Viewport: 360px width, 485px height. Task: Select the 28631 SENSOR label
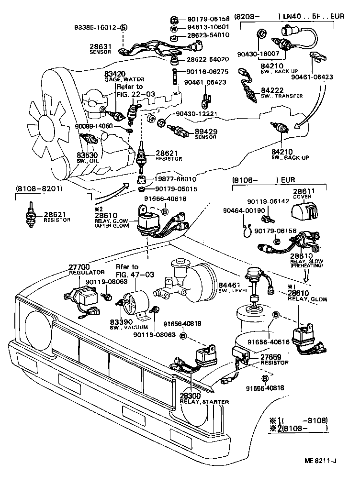[x=100, y=49]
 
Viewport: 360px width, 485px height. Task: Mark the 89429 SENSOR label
[x=206, y=134]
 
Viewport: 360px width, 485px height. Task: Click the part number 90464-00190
[x=244, y=210]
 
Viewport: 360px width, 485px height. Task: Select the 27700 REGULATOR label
[x=87, y=269]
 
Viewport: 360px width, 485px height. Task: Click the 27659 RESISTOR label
[x=274, y=360]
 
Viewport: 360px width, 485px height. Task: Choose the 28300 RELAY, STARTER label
[x=204, y=398]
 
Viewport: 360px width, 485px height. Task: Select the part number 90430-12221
[x=197, y=114]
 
